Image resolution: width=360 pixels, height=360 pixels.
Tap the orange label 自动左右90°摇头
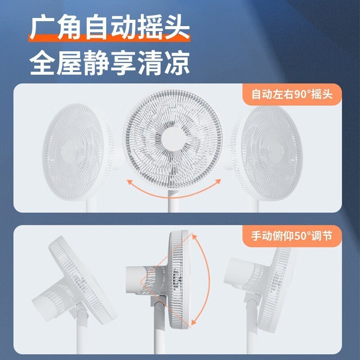[x=290, y=95]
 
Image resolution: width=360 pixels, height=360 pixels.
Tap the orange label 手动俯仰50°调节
[x=290, y=236]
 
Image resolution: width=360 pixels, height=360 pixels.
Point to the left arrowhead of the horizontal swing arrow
[x=128, y=182]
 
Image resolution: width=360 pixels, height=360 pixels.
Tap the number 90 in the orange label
[x=301, y=95]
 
